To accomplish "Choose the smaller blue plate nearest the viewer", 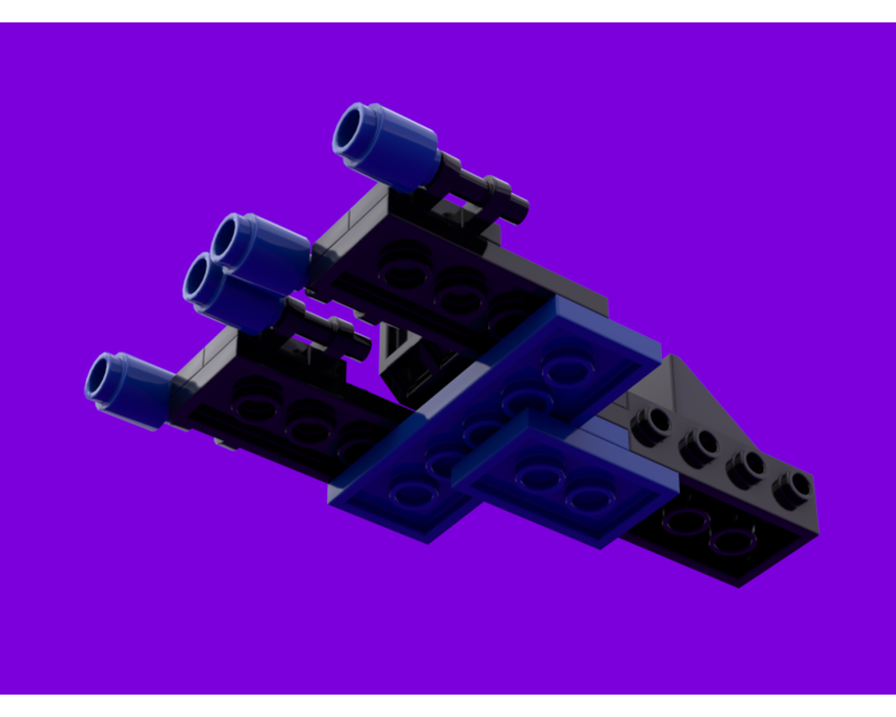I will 564,484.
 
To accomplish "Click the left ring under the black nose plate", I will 685,520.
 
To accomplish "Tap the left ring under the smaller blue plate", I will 538,475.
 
